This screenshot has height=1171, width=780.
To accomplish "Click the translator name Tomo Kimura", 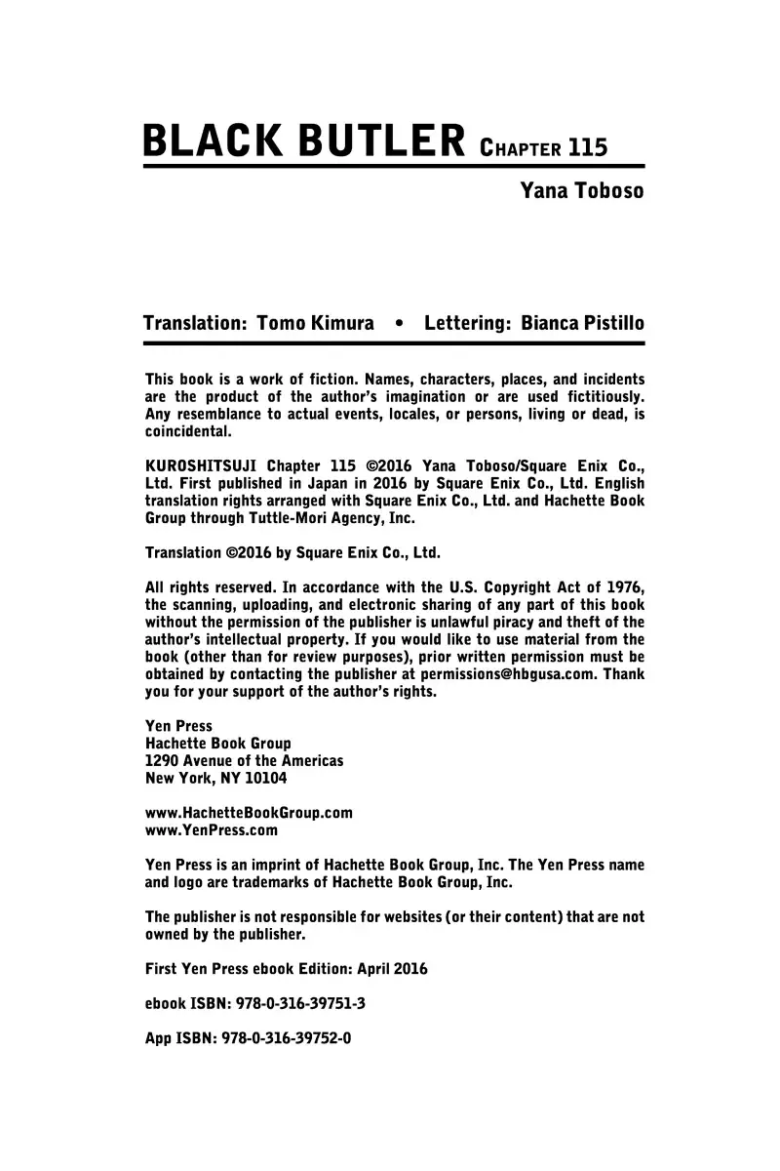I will [315, 323].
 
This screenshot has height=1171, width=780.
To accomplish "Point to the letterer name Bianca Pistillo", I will [582, 323].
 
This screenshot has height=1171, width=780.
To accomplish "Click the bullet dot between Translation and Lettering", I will [398, 323].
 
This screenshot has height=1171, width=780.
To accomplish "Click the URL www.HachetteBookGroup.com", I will [249, 812].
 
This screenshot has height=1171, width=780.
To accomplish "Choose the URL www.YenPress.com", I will [211, 830].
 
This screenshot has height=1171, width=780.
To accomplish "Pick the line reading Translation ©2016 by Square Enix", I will [292, 552].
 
